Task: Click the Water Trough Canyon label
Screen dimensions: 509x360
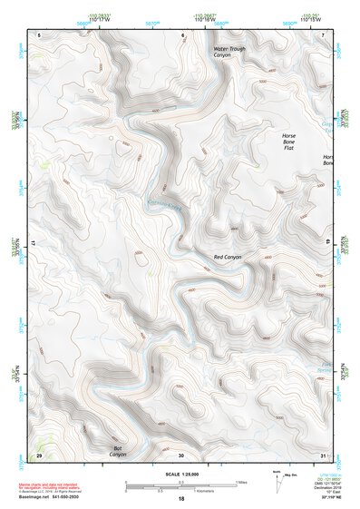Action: [x=229, y=52]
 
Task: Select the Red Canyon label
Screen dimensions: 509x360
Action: [x=228, y=259]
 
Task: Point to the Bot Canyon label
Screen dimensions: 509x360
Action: [x=117, y=450]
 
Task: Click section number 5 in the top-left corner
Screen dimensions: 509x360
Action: [x=40, y=34]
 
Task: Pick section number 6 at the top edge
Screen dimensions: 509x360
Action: [x=182, y=34]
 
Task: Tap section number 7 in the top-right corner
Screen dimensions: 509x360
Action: [x=325, y=34]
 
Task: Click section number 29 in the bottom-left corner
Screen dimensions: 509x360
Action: [x=39, y=455]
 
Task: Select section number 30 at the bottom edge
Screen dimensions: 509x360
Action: [x=181, y=455]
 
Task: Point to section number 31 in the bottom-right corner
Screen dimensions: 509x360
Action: [x=324, y=455]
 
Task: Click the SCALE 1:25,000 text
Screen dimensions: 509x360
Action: [x=180, y=475]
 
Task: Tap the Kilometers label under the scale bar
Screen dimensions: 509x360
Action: [x=180, y=492]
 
